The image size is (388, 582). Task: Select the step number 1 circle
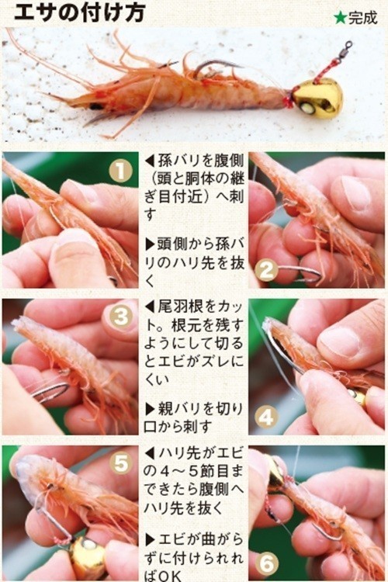click(120, 170)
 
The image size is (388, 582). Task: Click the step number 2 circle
click(266, 270)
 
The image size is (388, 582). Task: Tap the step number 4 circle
click(266, 417)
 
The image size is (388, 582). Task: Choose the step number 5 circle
click(120, 463)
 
